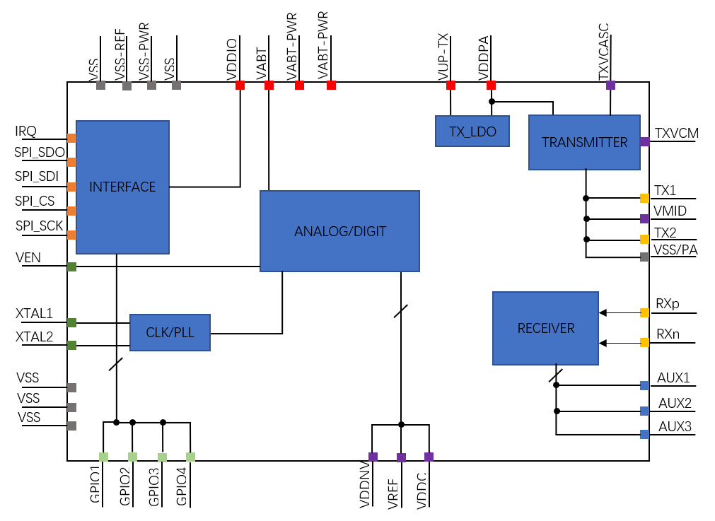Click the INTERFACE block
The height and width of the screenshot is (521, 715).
point(122,187)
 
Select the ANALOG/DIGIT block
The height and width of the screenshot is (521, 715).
point(339,231)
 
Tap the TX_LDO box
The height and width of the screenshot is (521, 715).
point(472,131)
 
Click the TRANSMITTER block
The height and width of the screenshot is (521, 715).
point(584,142)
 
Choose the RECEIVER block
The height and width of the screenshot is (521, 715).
point(545,328)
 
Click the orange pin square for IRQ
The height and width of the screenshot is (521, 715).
point(71,138)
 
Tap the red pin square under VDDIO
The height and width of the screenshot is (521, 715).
point(240,85)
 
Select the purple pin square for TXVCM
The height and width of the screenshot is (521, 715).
point(644,141)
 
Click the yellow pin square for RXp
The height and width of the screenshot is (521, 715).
point(644,312)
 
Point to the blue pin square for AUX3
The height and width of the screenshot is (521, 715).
point(644,434)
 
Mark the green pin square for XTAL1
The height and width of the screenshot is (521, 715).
point(71,322)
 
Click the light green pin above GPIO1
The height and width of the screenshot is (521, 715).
point(103,457)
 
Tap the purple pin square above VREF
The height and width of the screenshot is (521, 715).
point(401,457)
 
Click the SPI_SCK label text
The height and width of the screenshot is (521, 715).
point(40,226)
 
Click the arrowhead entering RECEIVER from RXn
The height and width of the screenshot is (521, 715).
point(603,343)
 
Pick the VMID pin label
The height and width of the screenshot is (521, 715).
point(670,211)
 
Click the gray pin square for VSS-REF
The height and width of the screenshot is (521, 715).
point(127,86)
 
